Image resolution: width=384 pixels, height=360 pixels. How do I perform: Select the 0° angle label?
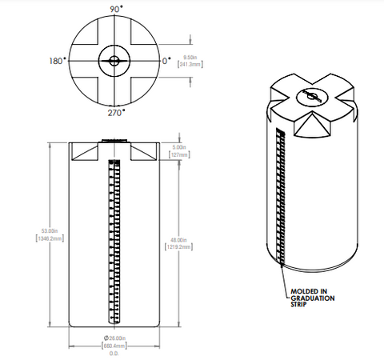click(166, 61)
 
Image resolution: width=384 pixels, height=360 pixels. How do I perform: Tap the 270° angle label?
click(115, 114)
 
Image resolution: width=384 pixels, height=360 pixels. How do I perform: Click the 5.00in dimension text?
click(178, 147)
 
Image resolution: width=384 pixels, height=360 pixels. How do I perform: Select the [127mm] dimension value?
click(178, 154)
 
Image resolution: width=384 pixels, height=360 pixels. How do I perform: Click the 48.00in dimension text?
click(178, 240)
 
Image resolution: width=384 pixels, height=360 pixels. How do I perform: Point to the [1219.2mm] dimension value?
click(178, 247)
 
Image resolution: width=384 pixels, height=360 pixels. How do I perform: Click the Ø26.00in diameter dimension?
click(114, 339)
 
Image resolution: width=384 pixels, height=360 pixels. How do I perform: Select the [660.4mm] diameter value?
click(114, 346)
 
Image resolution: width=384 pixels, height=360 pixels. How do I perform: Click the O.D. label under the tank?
click(114, 354)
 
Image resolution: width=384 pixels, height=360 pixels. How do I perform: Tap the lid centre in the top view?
click(114, 61)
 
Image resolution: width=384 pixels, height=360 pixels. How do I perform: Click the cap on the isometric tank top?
click(311, 98)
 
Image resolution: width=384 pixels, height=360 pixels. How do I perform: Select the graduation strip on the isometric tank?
click(280, 196)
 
